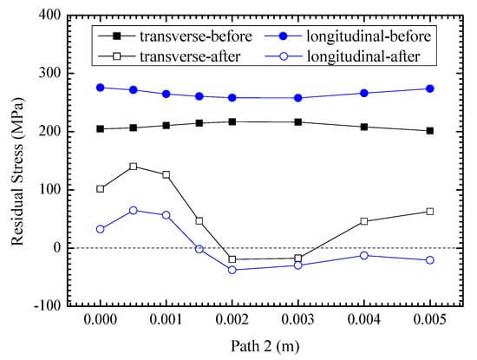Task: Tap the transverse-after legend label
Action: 190,56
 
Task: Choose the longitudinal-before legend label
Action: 369,36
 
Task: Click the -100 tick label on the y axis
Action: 48,305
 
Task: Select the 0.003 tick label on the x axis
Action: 297,320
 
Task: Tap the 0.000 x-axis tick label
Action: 100,320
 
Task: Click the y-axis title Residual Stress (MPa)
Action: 17,172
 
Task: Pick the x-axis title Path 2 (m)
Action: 265,347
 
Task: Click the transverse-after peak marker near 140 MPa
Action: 134,167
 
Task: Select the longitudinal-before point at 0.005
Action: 430,88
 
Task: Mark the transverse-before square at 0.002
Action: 232,122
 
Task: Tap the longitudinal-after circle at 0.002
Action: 232,270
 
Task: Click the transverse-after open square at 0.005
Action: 430,212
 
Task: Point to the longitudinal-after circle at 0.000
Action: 100,229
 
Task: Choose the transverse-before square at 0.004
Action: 364,127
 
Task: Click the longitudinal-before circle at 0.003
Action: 298,98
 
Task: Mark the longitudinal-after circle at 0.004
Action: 364,255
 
